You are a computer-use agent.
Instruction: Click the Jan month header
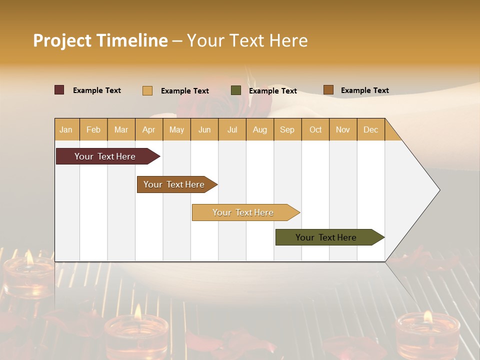(66, 129)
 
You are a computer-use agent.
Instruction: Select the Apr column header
(148, 129)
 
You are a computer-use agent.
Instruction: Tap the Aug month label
(259, 129)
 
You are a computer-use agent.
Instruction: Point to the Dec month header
(370, 129)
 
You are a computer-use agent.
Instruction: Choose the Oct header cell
(315, 129)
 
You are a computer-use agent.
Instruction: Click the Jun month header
(204, 129)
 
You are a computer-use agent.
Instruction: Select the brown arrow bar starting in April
(175, 184)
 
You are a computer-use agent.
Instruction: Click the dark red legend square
(59, 90)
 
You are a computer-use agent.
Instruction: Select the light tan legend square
(147, 90)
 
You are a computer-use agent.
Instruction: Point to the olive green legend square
(236, 90)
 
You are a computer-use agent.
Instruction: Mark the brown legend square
(328, 90)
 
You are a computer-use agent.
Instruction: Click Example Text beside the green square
(272, 90)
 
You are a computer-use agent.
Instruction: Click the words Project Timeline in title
(100, 40)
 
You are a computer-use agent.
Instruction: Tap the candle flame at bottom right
(427, 316)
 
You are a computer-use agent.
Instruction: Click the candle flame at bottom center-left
(137, 312)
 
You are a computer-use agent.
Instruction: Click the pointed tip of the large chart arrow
(439, 190)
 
